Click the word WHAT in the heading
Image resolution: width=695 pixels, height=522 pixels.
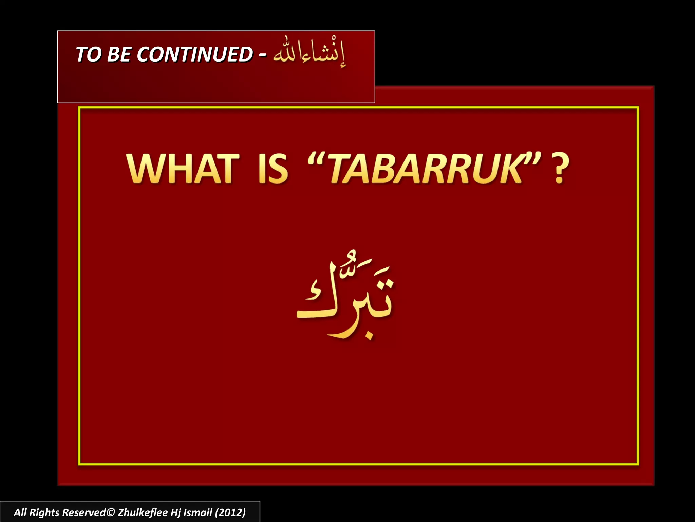(183, 169)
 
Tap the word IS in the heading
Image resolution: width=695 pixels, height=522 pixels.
(273, 169)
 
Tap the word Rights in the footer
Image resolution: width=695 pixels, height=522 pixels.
(44, 512)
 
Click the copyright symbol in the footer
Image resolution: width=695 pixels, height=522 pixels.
(111, 512)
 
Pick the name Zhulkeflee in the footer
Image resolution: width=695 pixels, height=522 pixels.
(143, 512)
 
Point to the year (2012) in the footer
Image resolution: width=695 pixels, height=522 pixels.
(230, 512)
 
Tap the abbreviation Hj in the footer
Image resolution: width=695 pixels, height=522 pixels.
(176, 512)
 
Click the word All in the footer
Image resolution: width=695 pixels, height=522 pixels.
(20, 512)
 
